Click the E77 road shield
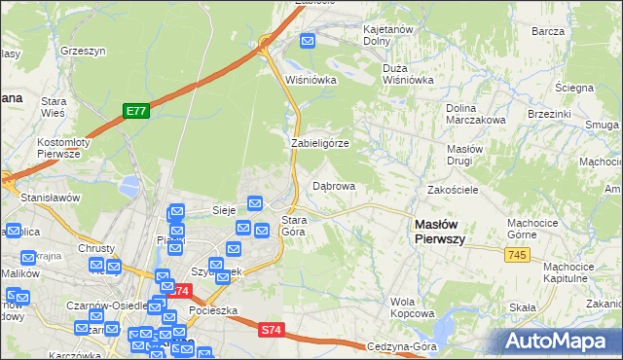point(135,112)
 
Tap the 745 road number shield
point(517,254)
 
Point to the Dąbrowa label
point(333,185)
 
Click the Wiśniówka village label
point(310,81)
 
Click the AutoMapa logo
point(559,342)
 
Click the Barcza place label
point(549,31)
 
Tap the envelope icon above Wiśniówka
point(308,41)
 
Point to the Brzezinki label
point(549,114)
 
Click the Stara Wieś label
point(53,107)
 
